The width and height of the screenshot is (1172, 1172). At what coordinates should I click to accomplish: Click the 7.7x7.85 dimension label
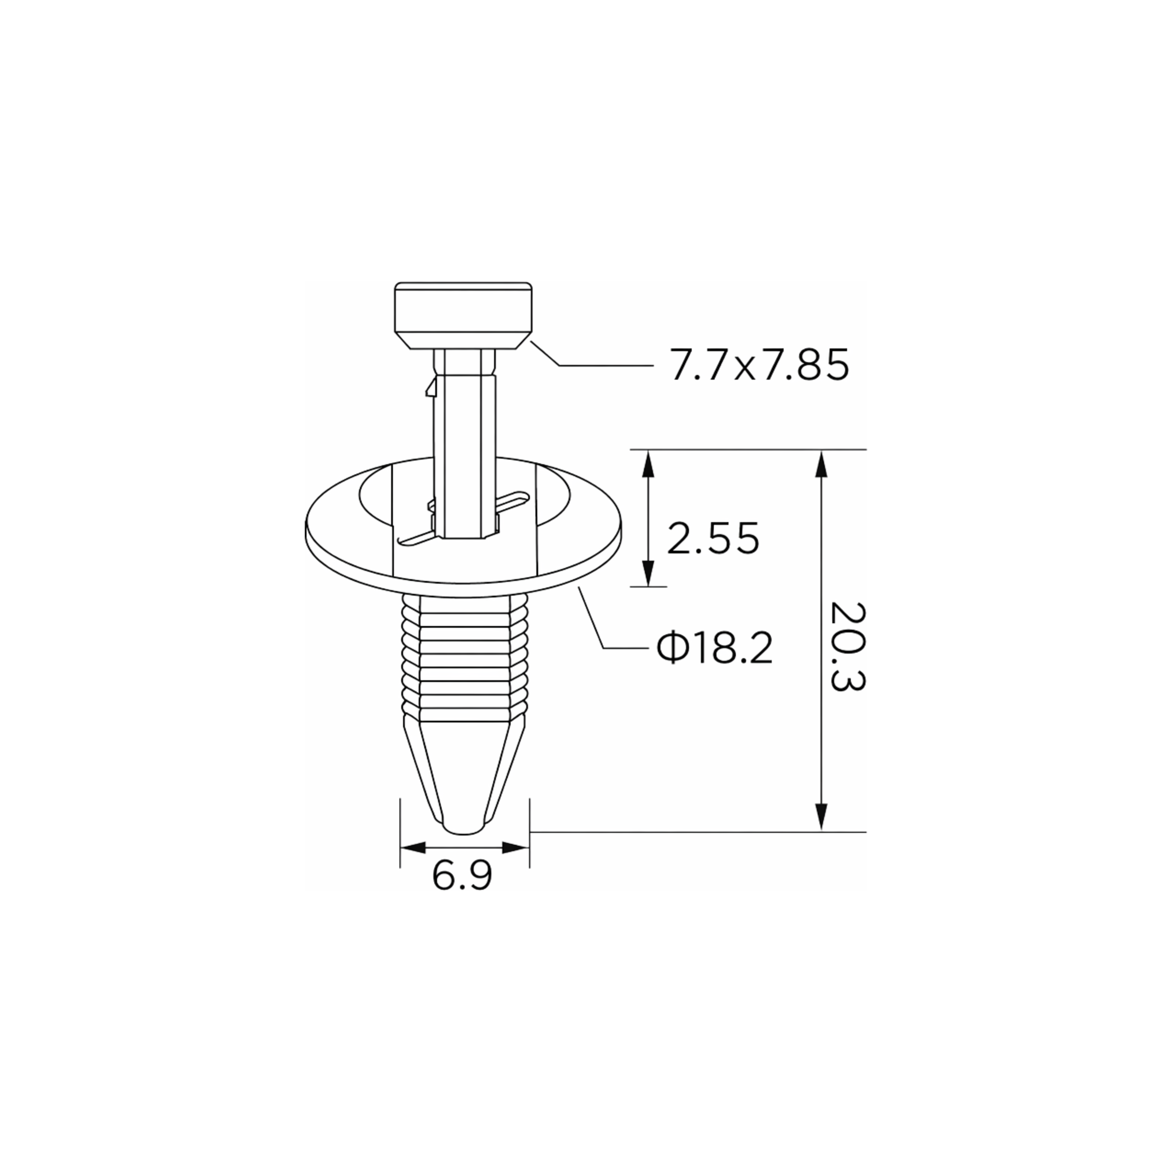(760, 365)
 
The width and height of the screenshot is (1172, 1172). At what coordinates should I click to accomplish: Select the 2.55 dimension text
(713, 538)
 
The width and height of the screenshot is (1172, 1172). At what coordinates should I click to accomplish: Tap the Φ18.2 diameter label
(714, 648)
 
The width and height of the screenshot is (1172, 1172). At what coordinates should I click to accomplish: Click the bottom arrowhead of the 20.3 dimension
(821, 817)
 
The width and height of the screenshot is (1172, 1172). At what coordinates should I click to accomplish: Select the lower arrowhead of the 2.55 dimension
(648, 573)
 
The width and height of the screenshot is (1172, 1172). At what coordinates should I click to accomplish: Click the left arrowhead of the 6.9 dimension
(414, 848)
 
